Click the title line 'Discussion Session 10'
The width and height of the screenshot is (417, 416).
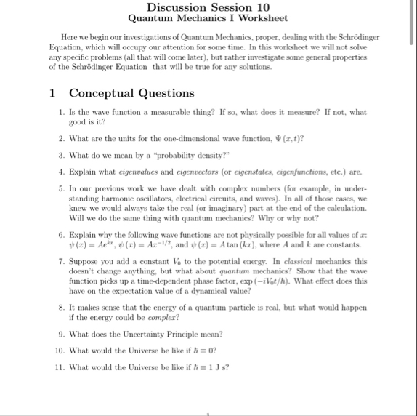point(208,7)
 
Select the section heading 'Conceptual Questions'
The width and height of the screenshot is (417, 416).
point(131,93)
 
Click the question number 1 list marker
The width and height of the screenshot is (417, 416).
point(62,113)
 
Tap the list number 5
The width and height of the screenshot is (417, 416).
point(62,188)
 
